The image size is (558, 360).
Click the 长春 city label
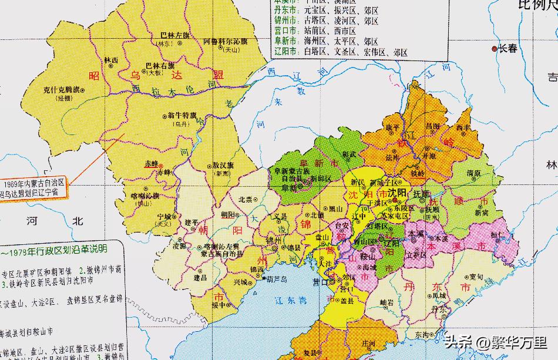click(x=508, y=49)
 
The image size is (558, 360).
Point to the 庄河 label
click(x=368, y=342)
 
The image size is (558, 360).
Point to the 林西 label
click(x=111, y=60)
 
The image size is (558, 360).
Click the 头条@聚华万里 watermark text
click(x=496, y=341)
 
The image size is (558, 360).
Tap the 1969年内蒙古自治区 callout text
click(x=35, y=185)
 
